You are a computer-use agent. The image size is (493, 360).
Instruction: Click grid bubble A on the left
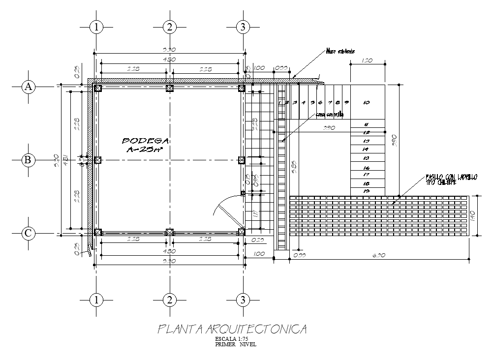pos(29,87)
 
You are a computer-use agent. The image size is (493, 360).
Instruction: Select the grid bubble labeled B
pos(29,160)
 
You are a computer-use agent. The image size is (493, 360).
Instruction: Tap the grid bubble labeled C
pos(29,233)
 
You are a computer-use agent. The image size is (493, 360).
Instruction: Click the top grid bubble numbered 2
pos(169,27)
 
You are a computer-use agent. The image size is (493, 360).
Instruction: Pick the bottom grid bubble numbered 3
pos(242,300)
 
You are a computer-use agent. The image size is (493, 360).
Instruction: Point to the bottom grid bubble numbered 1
pos(97,300)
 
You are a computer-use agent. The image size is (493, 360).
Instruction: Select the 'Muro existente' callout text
pos(340,51)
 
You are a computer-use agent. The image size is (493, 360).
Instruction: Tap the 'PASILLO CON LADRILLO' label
pos(451,177)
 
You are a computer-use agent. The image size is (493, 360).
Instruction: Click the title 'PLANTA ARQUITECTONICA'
pos(232,329)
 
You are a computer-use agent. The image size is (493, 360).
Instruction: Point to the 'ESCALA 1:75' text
pos(232,339)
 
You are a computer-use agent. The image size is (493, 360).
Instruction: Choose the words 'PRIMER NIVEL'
pos(235,344)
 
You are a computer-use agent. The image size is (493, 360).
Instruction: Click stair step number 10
pos(367,103)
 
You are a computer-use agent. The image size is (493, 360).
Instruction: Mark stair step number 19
pos(366,190)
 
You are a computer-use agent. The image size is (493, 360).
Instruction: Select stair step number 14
pos(366,149)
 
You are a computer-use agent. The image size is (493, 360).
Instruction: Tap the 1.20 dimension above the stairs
pos(367,61)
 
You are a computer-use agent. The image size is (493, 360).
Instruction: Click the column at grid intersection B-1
pos(97,160)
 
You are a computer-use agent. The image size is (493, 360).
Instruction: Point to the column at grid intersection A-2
pos(170,88)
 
